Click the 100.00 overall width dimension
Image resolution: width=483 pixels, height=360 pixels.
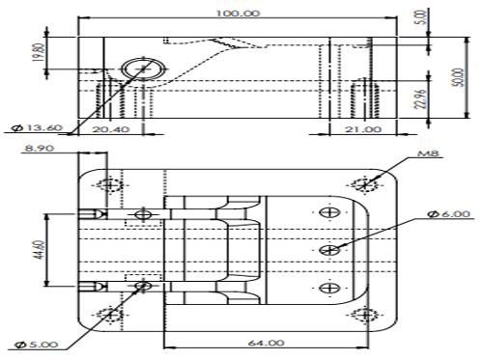click(238, 14)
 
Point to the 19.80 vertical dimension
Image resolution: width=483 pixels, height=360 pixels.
click(38, 52)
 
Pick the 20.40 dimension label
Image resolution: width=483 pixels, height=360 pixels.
click(111, 129)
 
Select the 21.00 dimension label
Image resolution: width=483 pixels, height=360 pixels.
click(363, 129)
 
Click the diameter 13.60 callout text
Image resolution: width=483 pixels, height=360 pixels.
click(37, 127)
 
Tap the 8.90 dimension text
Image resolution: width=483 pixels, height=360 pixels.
click(40, 149)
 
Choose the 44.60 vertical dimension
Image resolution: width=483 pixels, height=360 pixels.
click(40, 250)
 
